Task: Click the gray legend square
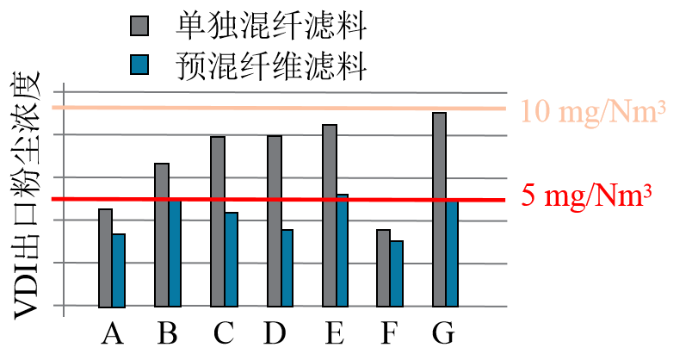139,26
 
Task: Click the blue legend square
139,65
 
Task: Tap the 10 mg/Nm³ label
594,112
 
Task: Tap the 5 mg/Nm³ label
585,196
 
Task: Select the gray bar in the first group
105,258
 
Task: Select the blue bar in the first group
119,270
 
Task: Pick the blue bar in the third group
231,259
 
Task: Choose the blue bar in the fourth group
287,268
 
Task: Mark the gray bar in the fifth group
329,215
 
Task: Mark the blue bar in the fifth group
342,251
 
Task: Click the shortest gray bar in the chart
383,268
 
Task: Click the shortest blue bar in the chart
396,274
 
